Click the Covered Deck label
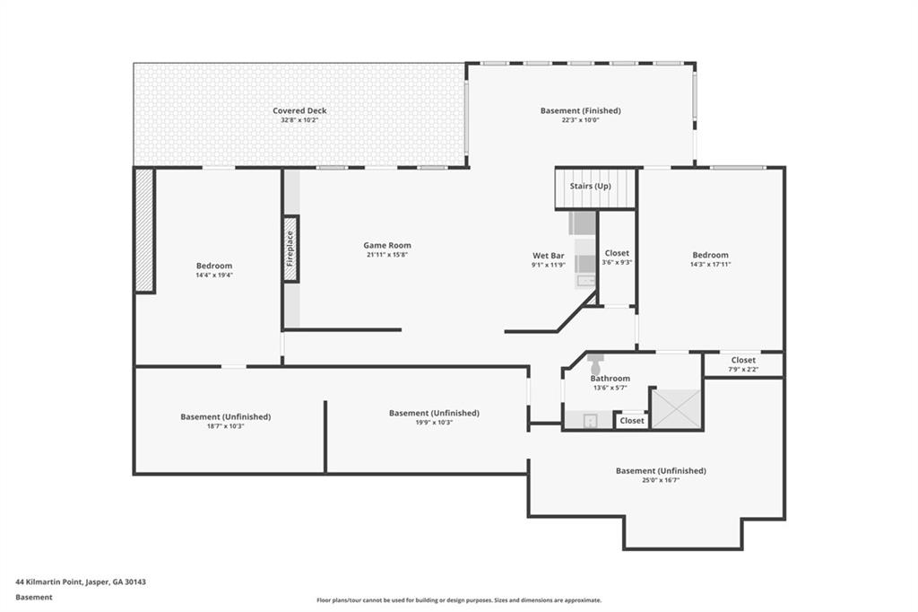[x=299, y=110]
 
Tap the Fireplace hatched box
[x=291, y=249]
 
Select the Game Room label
[x=387, y=245]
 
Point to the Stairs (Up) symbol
[x=595, y=188]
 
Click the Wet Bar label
[x=549, y=256]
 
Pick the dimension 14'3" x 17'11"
[x=710, y=265]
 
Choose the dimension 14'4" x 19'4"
[x=214, y=275]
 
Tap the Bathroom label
[x=610, y=378]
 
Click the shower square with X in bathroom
[x=676, y=408]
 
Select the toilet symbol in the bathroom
[x=595, y=364]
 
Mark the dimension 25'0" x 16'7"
[x=661, y=480]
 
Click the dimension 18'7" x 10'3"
[x=225, y=426]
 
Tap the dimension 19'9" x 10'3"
[x=434, y=422]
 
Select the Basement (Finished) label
[x=580, y=110]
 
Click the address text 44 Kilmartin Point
[x=49, y=582]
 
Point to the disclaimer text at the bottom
[x=459, y=600]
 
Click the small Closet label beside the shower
[x=632, y=420]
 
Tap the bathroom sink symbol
[x=590, y=420]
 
